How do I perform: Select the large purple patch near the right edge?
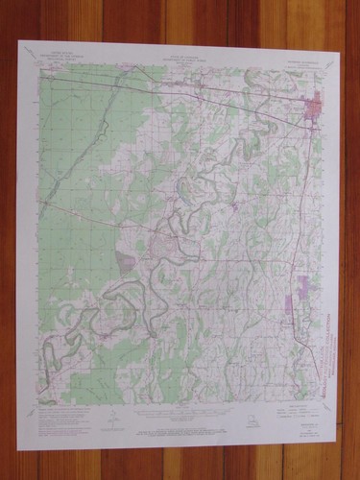pyautogui.click(x=306, y=284)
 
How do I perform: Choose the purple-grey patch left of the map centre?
pyautogui.click(x=126, y=259)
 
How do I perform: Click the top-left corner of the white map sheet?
pyautogui.click(x=20, y=40)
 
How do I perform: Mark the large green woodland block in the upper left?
pyautogui.click(x=77, y=144)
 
